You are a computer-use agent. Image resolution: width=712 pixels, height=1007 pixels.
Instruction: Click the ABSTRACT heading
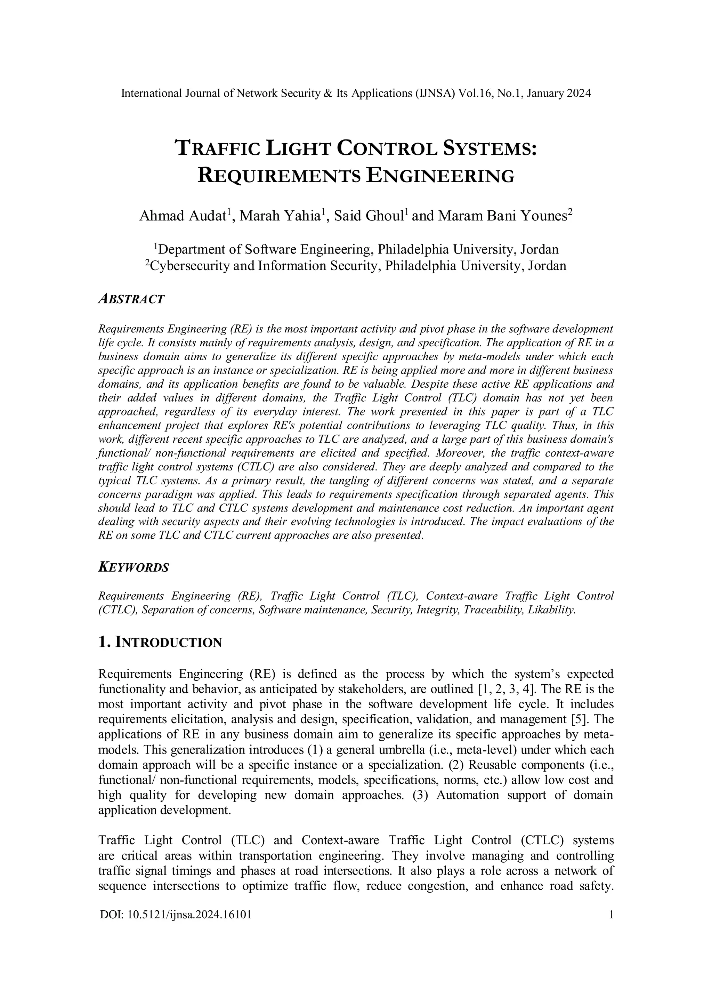131,299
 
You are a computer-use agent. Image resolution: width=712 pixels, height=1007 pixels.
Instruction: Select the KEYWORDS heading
134,567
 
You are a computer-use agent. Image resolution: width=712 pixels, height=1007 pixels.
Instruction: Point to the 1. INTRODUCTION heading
160,643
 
